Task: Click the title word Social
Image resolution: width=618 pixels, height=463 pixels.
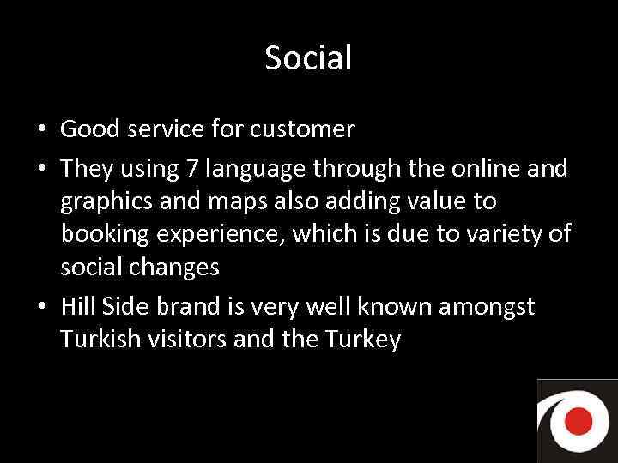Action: click(x=308, y=58)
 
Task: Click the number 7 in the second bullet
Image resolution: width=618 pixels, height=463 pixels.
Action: click(x=192, y=169)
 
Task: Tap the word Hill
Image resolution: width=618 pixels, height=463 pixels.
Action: click(x=78, y=306)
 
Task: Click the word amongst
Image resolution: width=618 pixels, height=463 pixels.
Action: click(x=487, y=306)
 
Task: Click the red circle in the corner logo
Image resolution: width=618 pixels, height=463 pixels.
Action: click(x=579, y=420)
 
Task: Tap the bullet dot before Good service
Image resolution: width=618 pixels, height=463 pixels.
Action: click(x=41, y=130)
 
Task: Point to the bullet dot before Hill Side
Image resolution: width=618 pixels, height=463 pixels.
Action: click(x=41, y=307)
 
